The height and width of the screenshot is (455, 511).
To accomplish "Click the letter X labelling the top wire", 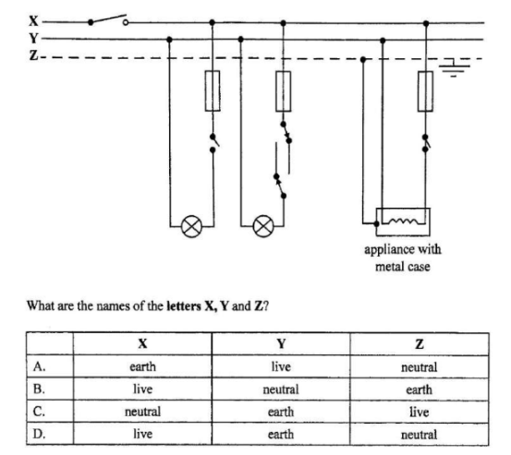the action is tap(33, 21).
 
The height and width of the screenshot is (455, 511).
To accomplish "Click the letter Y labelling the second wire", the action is tap(33, 39).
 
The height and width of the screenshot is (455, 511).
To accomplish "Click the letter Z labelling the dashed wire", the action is tap(33, 55).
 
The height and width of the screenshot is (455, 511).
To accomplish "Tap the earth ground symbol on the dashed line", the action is tap(455, 67).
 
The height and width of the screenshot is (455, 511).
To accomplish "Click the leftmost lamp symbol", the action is tap(191, 226).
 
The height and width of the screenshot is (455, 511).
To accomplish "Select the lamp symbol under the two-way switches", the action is tap(263, 226).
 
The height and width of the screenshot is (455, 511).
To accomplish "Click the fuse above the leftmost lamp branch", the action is tap(213, 90).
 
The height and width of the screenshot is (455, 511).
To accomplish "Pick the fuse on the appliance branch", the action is tap(425, 91).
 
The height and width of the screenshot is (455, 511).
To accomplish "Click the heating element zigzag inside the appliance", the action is tap(404, 221).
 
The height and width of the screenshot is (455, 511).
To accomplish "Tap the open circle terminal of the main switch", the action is tap(126, 22).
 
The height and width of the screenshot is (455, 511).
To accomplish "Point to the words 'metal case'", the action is tap(403, 267).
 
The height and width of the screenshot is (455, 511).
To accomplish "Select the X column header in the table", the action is tap(142, 343).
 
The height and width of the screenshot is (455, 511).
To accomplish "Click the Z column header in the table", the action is tap(420, 343).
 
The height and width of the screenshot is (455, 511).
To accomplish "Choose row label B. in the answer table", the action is tap(39, 389).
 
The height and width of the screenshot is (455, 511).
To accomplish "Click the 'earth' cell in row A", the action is tap(142, 366).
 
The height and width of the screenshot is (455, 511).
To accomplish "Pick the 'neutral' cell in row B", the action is tap(281, 389).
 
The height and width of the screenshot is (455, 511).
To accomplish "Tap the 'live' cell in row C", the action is tap(420, 412).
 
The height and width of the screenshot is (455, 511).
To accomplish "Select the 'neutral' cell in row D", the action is tap(420, 435).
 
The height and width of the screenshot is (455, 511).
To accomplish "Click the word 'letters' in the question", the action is tap(184, 305).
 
